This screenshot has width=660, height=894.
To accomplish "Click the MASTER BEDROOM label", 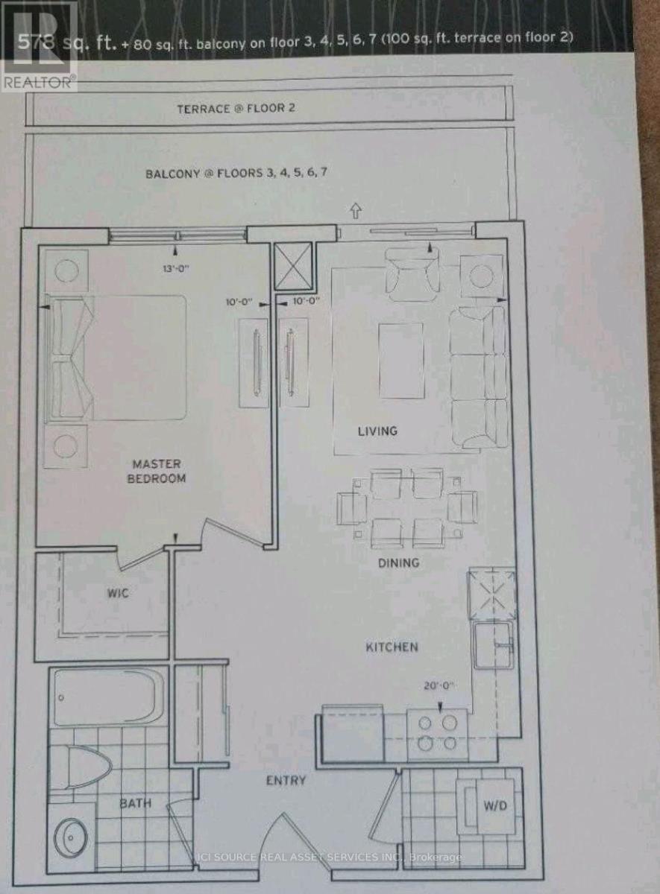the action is [x=156, y=471].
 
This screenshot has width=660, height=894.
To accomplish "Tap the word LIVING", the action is [x=377, y=431].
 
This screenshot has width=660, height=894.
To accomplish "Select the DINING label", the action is [x=399, y=563].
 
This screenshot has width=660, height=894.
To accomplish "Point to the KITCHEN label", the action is [x=392, y=647].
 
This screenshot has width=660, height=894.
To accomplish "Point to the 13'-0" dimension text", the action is [x=176, y=269].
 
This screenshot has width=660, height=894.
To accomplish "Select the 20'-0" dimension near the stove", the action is [x=440, y=686].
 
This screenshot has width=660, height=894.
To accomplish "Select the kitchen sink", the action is [x=494, y=641].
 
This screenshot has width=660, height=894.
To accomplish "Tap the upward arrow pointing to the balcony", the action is [x=356, y=210].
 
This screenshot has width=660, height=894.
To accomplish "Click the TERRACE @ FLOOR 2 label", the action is [x=236, y=109].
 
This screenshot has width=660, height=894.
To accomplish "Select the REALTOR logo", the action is [x=39, y=46].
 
